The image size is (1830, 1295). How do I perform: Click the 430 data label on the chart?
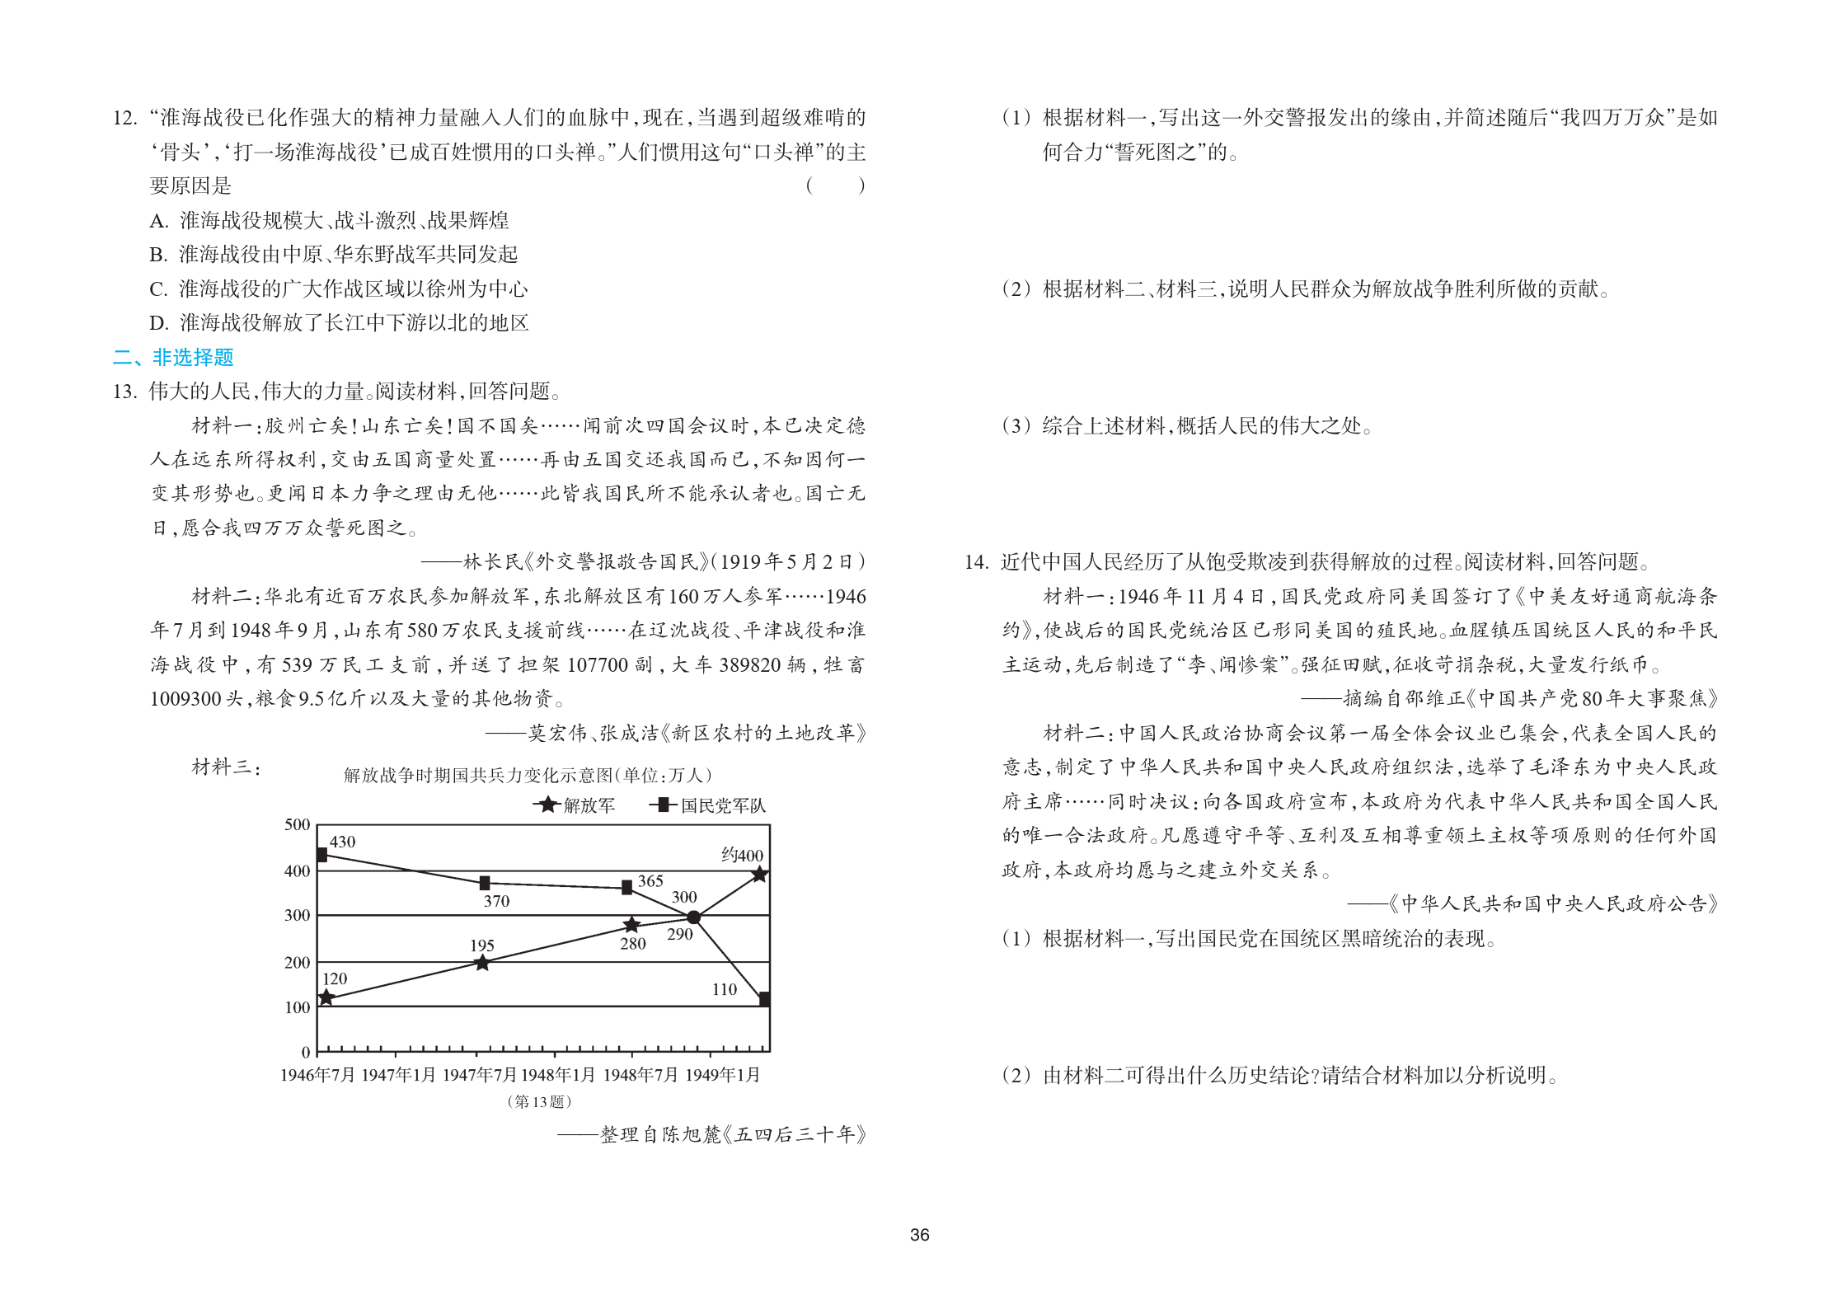click(342, 842)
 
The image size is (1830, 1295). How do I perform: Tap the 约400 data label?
click(742, 855)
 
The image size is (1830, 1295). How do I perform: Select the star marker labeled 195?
click(483, 963)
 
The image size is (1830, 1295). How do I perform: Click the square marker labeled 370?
click(485, 883)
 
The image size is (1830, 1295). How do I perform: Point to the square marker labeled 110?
click(764, 999)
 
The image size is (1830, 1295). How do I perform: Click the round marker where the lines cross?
click(694, 917)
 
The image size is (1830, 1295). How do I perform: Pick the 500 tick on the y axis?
click(297, 824)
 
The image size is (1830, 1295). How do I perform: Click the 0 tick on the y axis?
click(306, 1052)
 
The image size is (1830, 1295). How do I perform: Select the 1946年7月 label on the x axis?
click(317, 1075)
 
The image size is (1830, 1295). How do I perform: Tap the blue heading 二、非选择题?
click(173, 357)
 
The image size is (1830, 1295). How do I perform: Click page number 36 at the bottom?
click(919, 1235)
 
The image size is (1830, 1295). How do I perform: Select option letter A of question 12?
click(158, 221)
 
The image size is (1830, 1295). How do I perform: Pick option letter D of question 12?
click(158, 323)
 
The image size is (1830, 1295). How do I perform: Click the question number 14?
click(976, 562)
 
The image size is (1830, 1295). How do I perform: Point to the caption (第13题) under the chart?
click(539, 1101)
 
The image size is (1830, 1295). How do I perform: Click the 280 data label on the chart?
click(632, 944)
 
